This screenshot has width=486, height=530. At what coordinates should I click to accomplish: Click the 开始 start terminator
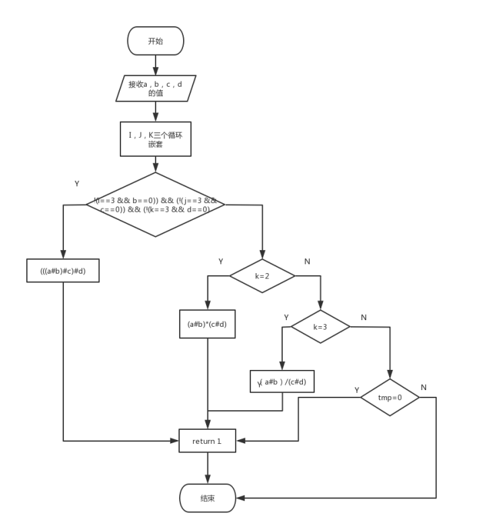pyautogui.click(x=155, y=41)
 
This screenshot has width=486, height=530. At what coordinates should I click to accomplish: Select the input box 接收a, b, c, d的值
pyautogui.click(x=155, y=88)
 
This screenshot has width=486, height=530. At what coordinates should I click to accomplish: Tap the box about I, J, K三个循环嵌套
pyautogui.click(x=155, y=139)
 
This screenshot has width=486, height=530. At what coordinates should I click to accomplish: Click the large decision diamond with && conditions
pyautogui.click(x=155, y=204)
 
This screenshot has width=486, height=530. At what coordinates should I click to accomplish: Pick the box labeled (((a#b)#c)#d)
pyautogui.click(x=63, y=270)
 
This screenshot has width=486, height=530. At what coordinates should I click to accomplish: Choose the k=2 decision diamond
pyautogui.click(x=263, y=276)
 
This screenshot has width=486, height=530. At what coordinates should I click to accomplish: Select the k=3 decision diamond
pyautogui.click(x=320, y=327)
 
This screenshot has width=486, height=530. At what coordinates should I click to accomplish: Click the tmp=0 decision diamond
pyautogui.click(x=390, y=397)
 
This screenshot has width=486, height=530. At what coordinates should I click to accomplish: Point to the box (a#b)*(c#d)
pyautogui.click(x=207, y=324)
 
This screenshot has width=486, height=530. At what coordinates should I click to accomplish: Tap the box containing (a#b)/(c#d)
pyautogui.click(x=282, y=382)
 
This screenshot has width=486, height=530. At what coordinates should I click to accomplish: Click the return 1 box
pyautogui.click(x=207, y=441)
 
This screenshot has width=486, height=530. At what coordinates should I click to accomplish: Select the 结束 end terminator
pyautogui.click(x=207, y=498)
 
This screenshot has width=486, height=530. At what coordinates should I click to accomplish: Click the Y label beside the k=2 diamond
pyautogui.click(x=220, y=261)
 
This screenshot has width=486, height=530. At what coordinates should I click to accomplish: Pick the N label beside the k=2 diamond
pyautogui.click(x=307, y=261)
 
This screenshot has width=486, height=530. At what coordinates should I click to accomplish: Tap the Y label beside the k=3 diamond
pyautogui.click(x=286, y=317)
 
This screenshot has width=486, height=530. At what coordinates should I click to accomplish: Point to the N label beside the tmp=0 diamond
pyautogui.click(x=423, y=387)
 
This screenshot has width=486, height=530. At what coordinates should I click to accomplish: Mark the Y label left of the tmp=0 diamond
pyautogui.click(x=357, y=390)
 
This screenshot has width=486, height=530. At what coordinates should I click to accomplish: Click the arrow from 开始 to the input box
pyautogui.click(x=155, y=65)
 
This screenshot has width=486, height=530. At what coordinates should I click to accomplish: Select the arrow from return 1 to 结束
pyautogui.click(x=207, y=468)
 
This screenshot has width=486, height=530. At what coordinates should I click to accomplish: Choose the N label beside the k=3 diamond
pyautogui.click(x=363, y=317)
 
